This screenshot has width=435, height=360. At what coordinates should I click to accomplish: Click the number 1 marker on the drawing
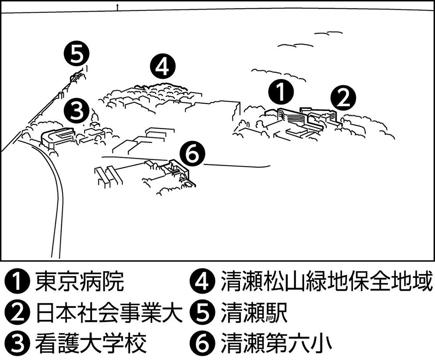281,92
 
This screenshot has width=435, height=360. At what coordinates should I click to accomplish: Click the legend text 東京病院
80,282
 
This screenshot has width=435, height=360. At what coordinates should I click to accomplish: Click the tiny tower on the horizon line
117,8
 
